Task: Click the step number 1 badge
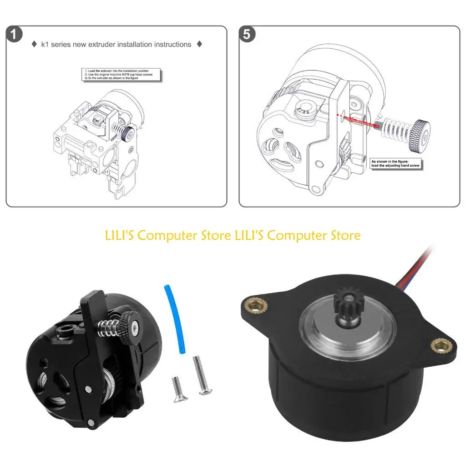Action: pos(15,35)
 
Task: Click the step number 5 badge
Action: pos(247,35)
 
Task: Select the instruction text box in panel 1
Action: pos(122,75)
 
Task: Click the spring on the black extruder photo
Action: pos(109,327)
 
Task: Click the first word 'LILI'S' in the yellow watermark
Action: pos(119,235)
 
